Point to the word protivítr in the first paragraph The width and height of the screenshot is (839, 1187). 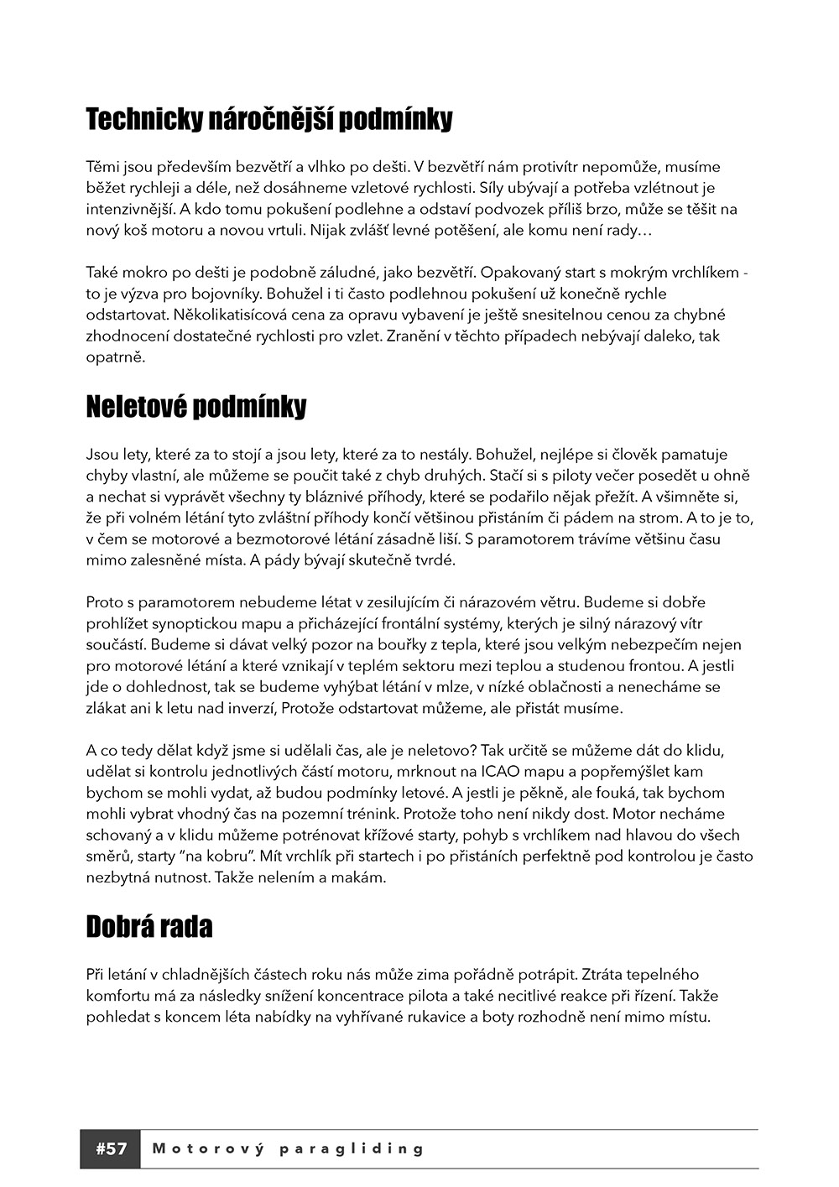click(556, 167)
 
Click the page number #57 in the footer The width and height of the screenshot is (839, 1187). click(111, 1149)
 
